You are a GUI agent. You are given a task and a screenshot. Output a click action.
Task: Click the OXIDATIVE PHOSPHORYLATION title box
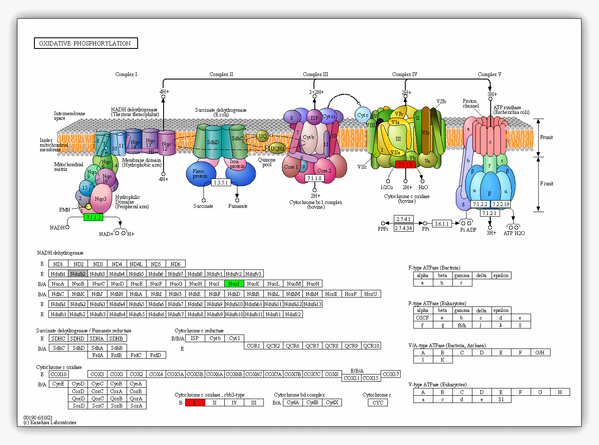[x=86, y=43]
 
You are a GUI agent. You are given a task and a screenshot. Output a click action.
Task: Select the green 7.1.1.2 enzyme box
[x=93, y=217]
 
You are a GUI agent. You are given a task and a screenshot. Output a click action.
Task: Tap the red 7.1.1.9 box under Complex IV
[x=405, y=164]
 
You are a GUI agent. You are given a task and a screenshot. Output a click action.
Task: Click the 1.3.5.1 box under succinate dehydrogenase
[x=221, y=182]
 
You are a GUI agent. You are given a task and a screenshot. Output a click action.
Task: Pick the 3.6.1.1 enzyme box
[x=442, y=224]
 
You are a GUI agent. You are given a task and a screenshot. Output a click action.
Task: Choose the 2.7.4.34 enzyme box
[x=404, y=228]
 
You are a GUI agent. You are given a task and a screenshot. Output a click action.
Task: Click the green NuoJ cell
[x=234, y=283]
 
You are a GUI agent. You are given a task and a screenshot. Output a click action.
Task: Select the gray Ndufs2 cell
[x=78, y=274]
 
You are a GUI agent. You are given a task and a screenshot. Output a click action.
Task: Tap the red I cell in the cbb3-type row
[x=195, y=402]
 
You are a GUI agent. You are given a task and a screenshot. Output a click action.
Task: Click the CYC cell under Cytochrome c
[x=378, y=402]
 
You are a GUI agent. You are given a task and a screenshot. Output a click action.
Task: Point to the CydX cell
[x=332, y=402]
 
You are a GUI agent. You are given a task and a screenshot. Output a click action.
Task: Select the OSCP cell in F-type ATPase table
[x=423, y=317]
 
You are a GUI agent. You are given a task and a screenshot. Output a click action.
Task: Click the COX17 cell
[x=390, y=374]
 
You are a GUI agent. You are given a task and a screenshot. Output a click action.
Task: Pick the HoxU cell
[x=370, y=294]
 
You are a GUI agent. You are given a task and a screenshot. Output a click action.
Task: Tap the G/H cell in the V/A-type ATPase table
[x=540, y=352]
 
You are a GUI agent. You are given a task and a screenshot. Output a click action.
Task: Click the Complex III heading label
[x=315, y=74]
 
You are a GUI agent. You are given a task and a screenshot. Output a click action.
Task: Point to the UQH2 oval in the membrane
[x=277, y=148]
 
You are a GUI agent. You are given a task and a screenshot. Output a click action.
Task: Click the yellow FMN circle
[x=88, y=207]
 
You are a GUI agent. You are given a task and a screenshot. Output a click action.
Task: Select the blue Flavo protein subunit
[x=200, y=173]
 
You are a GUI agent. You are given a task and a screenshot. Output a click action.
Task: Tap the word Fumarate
[x=237, y=206]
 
